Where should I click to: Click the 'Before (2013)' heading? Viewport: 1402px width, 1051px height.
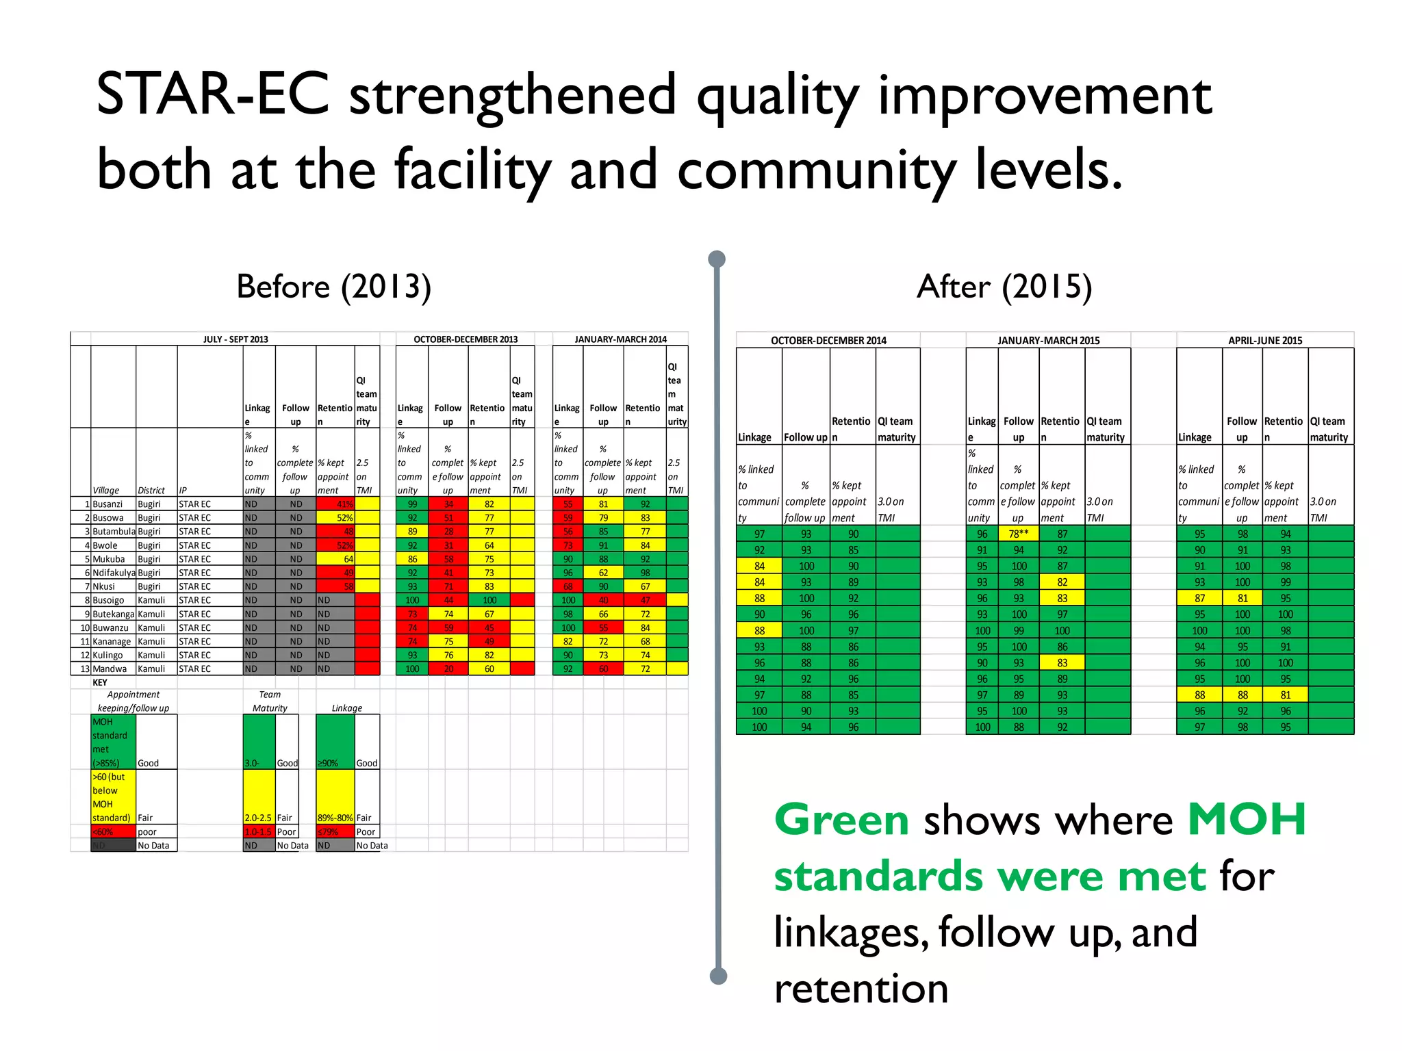tap(333, 286)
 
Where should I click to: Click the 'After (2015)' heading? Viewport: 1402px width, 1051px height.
tap(1004, 286)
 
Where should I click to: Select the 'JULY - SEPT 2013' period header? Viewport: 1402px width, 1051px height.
tap(235, 339)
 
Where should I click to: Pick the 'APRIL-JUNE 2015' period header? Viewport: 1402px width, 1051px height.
tap(1264, 341)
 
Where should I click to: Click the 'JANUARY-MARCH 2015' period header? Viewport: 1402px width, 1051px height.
tap(1048, 341)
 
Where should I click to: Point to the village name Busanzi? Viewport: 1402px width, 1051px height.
tap(107, 504)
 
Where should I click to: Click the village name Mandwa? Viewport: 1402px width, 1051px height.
tap(110, 669)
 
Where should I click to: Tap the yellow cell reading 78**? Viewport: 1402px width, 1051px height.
tap(1018, 534)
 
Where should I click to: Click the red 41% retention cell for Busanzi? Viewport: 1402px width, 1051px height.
tap(335, 504)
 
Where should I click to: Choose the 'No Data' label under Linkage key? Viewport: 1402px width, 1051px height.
tap(371, 846)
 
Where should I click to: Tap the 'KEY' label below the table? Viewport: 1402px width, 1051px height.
tap(100, 682)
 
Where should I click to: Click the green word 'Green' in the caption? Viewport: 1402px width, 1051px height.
tap(841, 820)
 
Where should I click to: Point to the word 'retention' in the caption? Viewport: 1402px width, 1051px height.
tap(861, 989)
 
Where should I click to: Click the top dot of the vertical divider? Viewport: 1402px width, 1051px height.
tap(717, 259)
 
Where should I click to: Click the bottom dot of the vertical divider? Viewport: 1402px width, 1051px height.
tap(718, 976)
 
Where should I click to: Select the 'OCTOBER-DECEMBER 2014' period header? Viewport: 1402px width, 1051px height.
tap(828, 341)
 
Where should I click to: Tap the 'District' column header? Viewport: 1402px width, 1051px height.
tap(151, 491)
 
